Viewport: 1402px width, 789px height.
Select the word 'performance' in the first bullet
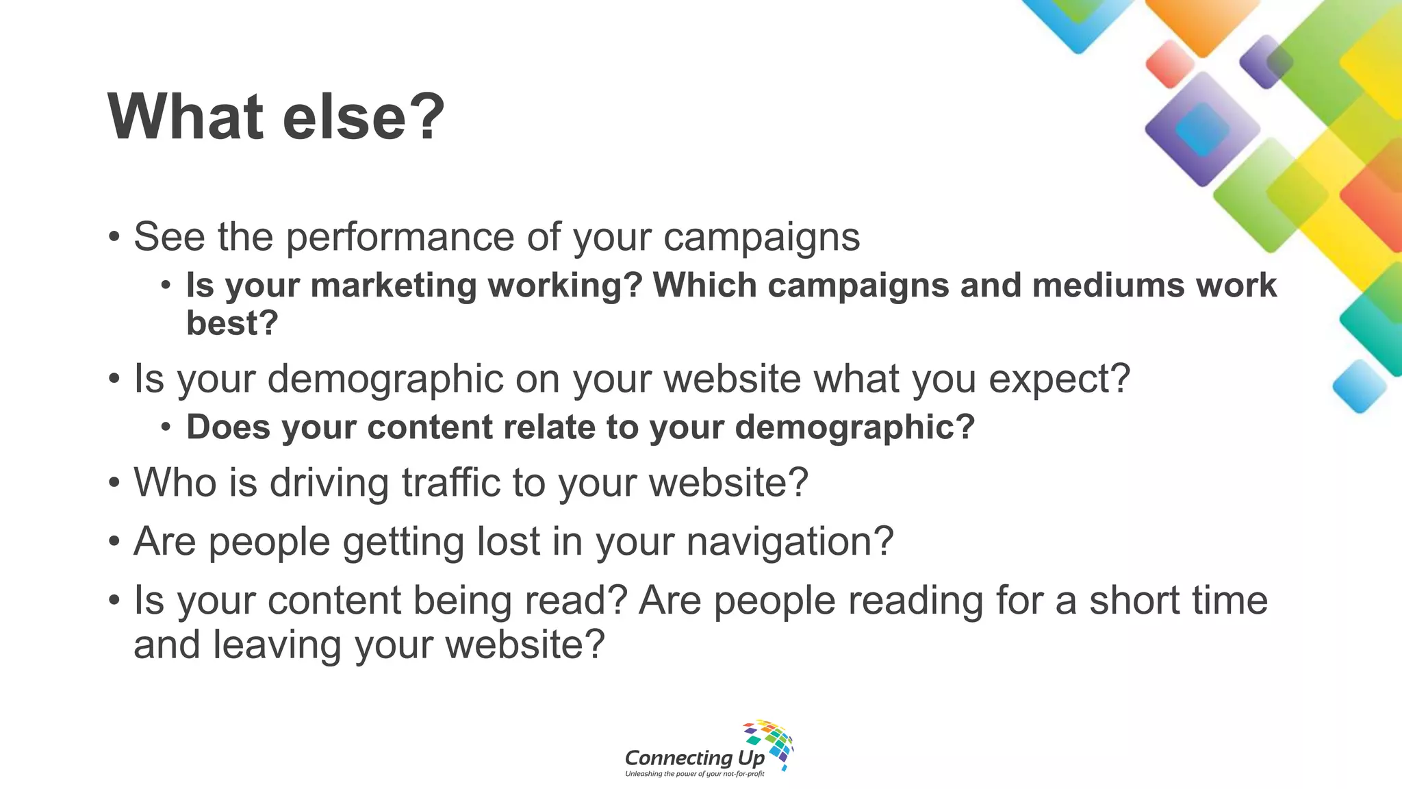pos(400,238)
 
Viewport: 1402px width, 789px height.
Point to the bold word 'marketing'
pos(394,286)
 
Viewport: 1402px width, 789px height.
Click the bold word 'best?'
pos(232,323)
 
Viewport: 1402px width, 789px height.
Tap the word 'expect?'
pos(1060,378)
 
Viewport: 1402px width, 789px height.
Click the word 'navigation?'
pos(790,541)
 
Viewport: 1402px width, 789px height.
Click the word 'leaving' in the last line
pos(277,645)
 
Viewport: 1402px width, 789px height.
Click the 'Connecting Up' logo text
pos(694,757)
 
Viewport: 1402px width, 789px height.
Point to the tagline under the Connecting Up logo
pos(694,774)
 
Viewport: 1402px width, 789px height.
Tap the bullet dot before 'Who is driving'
pos(114,482)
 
